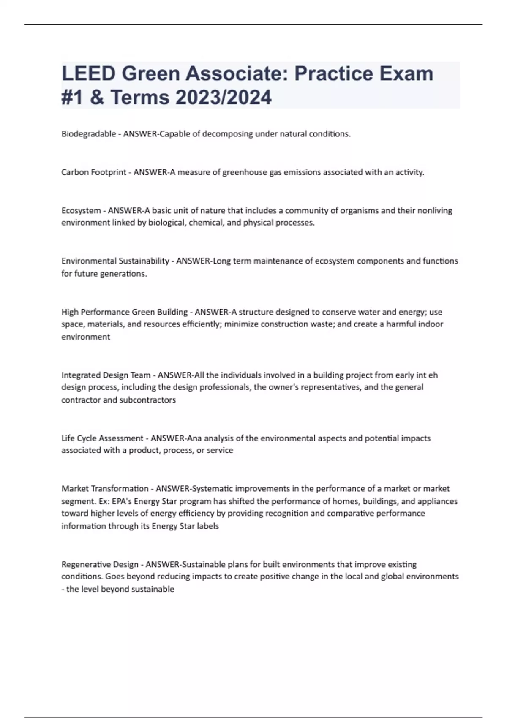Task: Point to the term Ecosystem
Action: coord(81,210)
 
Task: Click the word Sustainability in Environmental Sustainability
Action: coord(144,261)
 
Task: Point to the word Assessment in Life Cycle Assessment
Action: coord(120,438)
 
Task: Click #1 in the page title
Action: coord(72,97)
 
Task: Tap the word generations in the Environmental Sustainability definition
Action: coord(125,274)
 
